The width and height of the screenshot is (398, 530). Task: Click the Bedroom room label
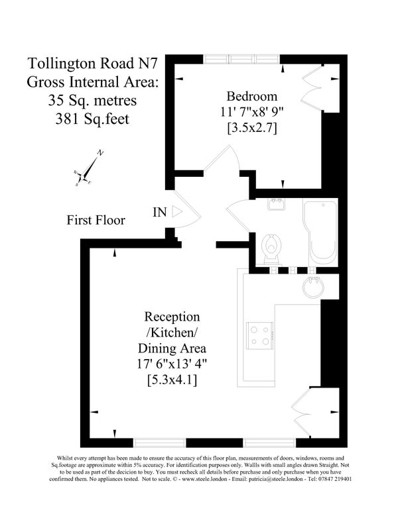pos(252,96)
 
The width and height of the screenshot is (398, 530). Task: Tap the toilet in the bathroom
pos(271,248)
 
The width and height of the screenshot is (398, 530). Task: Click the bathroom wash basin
pos(276,204)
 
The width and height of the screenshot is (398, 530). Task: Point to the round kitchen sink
pos(313,288)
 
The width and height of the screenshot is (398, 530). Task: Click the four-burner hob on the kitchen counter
pos(260,335)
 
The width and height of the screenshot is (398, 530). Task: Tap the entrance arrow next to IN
pos(177,211)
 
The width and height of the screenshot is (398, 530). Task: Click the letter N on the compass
pos(100,153)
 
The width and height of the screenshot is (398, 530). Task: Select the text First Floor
pos(96,220)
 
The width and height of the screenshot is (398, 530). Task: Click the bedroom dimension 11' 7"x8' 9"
pos(252,112)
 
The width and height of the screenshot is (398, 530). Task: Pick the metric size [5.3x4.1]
pos(172,380)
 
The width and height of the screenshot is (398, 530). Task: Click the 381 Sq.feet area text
pos(92,119)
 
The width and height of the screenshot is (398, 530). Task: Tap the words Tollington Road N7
pos(92,63)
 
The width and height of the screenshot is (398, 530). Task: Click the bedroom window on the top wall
pos(241,59)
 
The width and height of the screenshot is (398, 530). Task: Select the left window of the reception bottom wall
pos(159,443)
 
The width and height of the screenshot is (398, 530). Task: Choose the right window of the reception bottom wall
pos(270,443)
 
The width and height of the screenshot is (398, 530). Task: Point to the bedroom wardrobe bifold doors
pos(313,88)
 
